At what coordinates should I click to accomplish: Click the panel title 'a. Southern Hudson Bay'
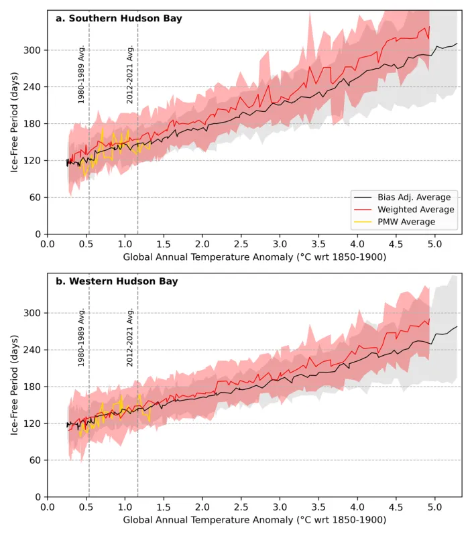pos(118,19)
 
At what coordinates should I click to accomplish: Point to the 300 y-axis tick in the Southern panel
pos(33,50)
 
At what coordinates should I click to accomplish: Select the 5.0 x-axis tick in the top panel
pos(434,244)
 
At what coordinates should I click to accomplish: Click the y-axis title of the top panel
pos(14,122)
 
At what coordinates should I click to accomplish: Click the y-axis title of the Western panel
pos(14,385)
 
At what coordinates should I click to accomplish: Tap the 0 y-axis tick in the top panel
pos(38,234)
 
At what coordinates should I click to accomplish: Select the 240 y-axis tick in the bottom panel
pos(33,350)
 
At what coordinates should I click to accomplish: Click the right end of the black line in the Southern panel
pos(457,44)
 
